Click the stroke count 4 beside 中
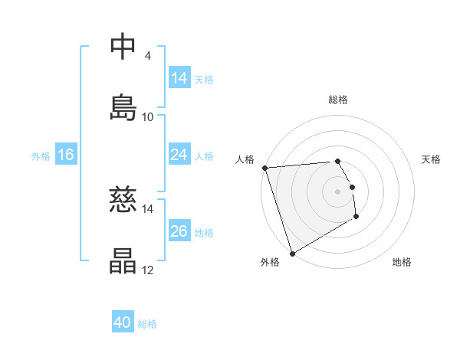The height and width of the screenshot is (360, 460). [x=147, y=56]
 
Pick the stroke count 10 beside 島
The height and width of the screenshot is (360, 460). [x=148, y=117]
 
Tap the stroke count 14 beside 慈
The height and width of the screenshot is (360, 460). [x=148, y=208]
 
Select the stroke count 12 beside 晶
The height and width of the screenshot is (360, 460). [x=148, y=270]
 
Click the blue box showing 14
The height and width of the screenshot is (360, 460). [x=179, y=78]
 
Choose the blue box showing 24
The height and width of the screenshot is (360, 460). [x=179, y=155]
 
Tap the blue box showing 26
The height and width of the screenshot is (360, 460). [x=179, y=231]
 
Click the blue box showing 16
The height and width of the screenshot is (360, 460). [x=66, y=155]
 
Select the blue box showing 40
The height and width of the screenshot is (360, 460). [x=123, y=323]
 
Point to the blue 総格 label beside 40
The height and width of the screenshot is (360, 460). [x=147, y=324]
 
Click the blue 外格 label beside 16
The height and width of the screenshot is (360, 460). [x=41, y=155]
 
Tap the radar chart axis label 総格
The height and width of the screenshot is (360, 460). [x=337, y=100]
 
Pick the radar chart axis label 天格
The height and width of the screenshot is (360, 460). [x=431, y=159]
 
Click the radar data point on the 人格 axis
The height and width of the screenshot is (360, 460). [x=264, y=168]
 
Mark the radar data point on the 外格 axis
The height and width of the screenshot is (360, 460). [x=292, y=253]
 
